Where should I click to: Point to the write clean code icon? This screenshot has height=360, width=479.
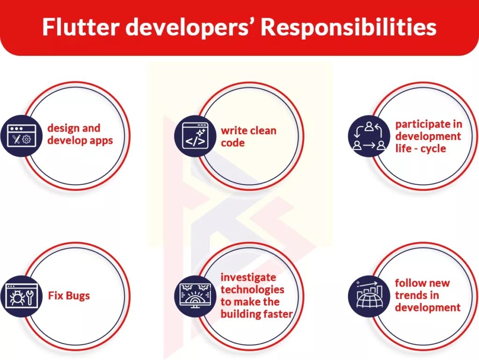tap(195, 136)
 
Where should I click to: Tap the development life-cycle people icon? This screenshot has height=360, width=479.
tap(369, 136)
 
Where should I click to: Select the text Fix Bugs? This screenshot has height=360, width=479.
tap(69, 296)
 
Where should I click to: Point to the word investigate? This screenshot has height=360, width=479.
tap(248, 277)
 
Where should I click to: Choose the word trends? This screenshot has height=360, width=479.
tap(411, 295)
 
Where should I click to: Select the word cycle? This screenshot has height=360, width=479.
tap(434, 149)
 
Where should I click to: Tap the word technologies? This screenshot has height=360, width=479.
tap(252, 289)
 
